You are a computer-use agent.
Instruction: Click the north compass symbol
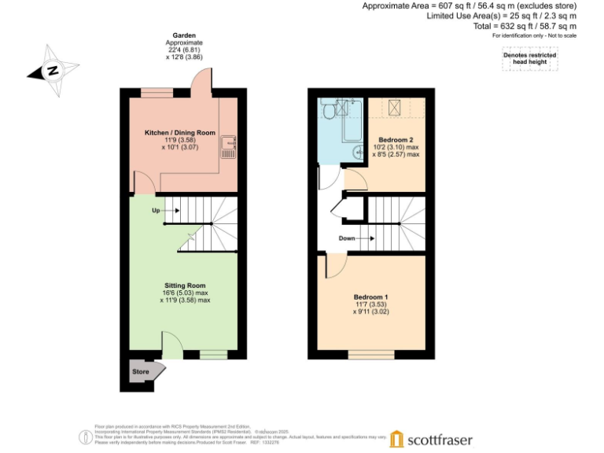[x=53, y=71]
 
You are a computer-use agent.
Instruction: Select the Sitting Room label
[x=186, y=285]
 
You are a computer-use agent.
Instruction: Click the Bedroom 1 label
[x=371, y=297]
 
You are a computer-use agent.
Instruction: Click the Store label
[x=141, y=371]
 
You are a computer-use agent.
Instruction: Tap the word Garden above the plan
[x=186, y=35]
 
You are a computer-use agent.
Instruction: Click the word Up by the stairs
[x=157, y=211]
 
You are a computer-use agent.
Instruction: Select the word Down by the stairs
[x=347, y=238]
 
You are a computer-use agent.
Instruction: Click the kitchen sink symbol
[x=227, y=145]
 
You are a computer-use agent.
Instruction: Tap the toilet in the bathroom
[x=327, y=112]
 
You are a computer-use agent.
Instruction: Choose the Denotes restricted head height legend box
[x=529, y=60]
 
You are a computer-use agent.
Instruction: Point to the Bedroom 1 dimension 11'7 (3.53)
[x=370, y=305]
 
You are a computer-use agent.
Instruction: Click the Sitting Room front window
[x=213, y=355]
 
